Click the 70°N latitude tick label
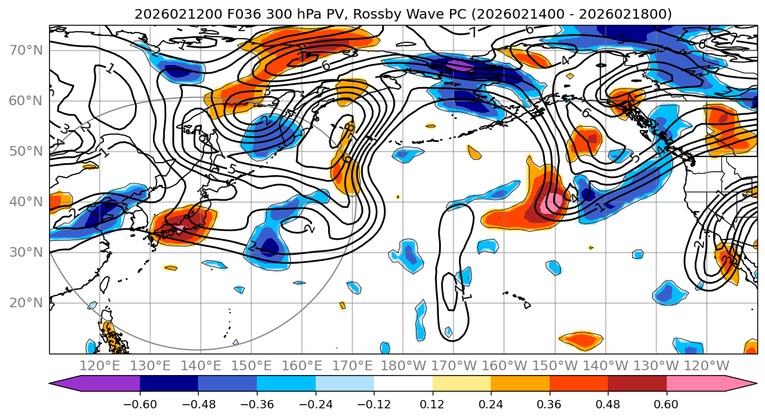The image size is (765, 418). (x=26, y=51)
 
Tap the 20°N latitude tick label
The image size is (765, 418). (x=26, y=303)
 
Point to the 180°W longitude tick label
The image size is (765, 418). (x=404, y=365)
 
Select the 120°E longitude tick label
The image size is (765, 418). (x=100, y=365)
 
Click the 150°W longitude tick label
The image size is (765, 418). (x=555, y=365)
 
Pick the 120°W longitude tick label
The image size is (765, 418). (x=707, y=365)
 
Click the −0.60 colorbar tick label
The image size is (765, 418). (x=139, y=404)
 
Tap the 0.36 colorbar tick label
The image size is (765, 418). (x=549, y=404)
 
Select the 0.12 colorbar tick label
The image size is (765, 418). (x=432, y=404)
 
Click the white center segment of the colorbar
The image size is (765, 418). (x=403, y=385)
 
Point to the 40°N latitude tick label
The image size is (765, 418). (x=26, y=202)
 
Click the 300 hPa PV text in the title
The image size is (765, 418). (x=278, y=14)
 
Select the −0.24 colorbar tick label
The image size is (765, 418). (x=315, y=404)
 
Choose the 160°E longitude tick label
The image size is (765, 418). (x=303, y=365)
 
